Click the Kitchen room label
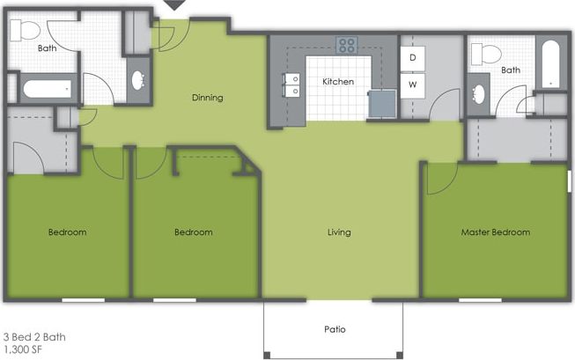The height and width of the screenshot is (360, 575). pyautogui.click(x=338, y=82)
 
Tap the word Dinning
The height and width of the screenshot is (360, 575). pyautogui.click(x=207, y=98)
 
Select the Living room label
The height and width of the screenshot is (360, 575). pyautogui.click(x=339, y=232)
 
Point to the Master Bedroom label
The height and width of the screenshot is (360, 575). pyautogui.click(x=496, y=232)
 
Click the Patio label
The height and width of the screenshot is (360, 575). pyautogui.click(x=335, y=330)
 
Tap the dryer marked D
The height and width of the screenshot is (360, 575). pyautogui.click(x=412, y=57)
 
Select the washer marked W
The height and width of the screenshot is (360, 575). pyautogui.click(x=412, y=85)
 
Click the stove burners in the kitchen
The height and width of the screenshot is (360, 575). pyautogui.click(x=346, y=45)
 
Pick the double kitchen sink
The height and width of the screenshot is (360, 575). pyautogui.click(x=291, y=84)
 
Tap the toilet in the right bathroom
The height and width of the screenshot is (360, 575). pyautogui.click(x=483, y=53)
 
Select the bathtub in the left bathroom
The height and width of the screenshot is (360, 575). pyautogui.click(x=47, y=89)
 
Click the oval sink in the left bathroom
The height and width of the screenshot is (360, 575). pyautogui.click(x=139, y=82)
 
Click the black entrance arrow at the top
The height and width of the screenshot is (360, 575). pyautogui.click(x=175, y=5)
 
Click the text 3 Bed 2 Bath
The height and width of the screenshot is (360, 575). pyautogui.click(x=34, y=337)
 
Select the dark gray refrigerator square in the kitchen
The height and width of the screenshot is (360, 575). pyautogui.click(x=382, y=103)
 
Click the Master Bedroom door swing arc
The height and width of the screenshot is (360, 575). pyautogui.click(x=438, y=180)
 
